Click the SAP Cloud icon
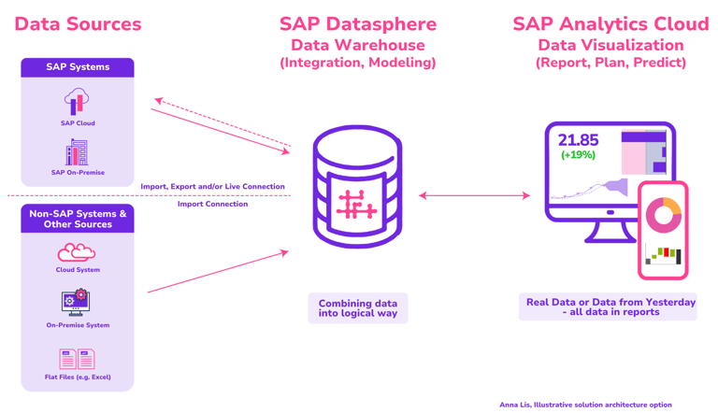coord(77,101)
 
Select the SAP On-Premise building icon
coord(77,152)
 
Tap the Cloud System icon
coord(77,251)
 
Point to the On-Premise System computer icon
coord(77,302)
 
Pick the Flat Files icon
coord(77,359)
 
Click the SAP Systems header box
coord(78,67)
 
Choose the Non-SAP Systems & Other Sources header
coord(78,219)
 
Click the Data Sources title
coord(79,25)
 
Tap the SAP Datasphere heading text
coord(358,24)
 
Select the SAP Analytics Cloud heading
coord(610,24)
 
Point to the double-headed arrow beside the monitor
coord(474,195)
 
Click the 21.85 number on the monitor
coord(578,140)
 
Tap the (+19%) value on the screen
coord(578,155)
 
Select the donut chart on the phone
coord(664,215)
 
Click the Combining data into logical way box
coord(358,308)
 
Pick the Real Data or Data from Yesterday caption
coord(610,306)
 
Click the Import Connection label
coord(213,204)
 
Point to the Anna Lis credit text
coord(585,405)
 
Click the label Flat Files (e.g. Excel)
coord(78,377)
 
